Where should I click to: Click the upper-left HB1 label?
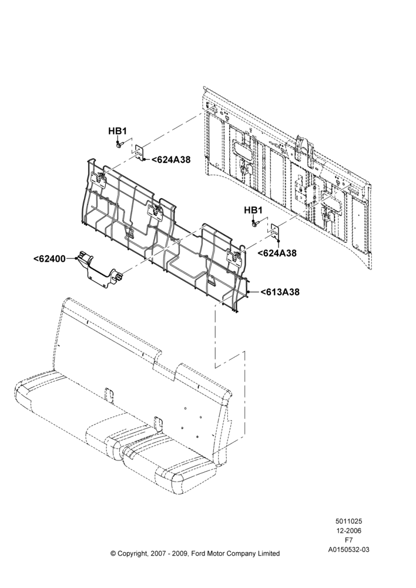tap(118, 131)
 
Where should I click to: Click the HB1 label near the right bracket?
tap(253, 210)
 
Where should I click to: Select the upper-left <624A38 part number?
tap(171, 160)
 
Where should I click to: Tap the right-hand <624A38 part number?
tap(277, 253)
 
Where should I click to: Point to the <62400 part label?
tap(49, 258)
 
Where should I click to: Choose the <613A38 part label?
tap(280, 292)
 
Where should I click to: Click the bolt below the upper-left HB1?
tap(119, 144)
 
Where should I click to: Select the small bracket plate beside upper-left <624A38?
tap(140, 153)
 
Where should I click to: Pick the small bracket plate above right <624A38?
tap(276, 232)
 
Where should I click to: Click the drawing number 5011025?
tap(348, 521)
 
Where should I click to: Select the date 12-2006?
tap(348, 530)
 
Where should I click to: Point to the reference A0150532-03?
tap(348, 550)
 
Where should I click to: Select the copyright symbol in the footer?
tap(113, 553)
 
